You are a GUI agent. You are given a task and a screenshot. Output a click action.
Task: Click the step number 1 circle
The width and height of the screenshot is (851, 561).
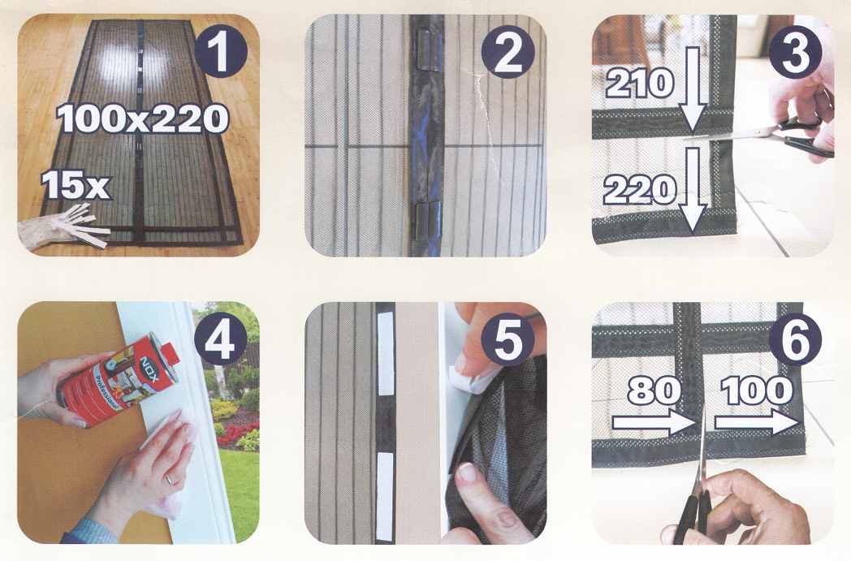220,52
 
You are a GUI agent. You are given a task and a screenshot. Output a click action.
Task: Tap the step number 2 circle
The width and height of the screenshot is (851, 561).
508,52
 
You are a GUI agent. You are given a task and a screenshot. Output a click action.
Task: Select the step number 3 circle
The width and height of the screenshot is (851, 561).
795,52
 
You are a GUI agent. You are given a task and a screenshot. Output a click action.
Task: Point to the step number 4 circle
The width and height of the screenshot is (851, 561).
220,339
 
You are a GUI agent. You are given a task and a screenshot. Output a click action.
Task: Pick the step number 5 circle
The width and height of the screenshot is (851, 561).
508,339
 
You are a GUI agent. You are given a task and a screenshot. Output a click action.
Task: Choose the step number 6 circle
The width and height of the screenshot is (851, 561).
795,339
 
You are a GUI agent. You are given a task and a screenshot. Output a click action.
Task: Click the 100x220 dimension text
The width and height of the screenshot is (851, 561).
142,119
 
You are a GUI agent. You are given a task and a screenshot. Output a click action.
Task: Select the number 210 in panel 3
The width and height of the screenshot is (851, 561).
640,84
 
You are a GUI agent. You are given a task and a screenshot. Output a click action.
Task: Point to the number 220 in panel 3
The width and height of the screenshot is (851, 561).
640,191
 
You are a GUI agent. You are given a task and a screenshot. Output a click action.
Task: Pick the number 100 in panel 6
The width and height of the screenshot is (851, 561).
757,390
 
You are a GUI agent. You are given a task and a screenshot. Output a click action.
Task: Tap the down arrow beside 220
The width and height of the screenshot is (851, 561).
693,190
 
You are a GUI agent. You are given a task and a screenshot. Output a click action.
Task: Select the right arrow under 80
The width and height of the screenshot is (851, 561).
654,422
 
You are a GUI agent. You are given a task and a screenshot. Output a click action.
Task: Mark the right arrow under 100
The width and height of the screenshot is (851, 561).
758,422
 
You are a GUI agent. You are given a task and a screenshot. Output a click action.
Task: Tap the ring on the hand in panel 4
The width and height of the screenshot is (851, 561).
170,479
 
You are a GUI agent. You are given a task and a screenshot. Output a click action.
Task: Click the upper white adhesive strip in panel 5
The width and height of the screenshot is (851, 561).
386,353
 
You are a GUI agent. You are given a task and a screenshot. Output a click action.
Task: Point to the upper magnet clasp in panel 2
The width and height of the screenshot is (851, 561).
426,49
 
